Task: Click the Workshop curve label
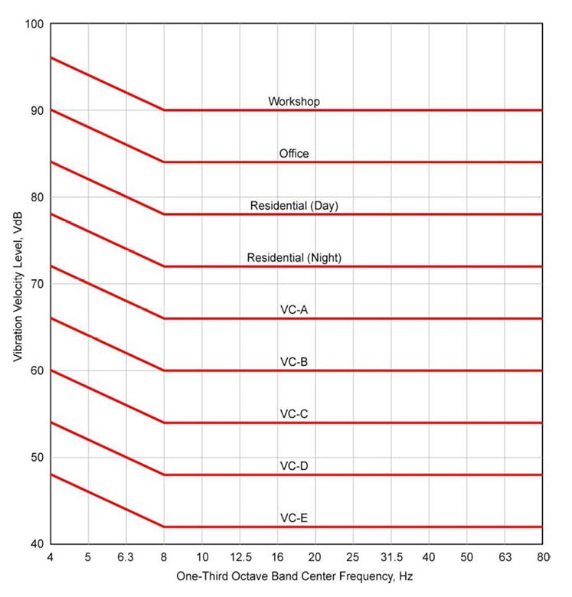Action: click(294, 101)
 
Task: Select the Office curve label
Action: click(294, 154)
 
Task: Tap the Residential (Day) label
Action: click(294, 206)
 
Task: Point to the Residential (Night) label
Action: click(294, 258)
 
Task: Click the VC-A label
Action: click(294, 310)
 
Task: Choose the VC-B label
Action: click(294, 361)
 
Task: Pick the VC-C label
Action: click(294, 414)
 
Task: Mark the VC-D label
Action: click(294, 466)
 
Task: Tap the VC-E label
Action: click(294, 518)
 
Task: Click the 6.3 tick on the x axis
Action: click(126, 556)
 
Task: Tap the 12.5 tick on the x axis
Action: click(239, 556)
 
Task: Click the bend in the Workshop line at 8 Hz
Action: click(164, 110)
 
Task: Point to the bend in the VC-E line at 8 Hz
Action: click(164, 527)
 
